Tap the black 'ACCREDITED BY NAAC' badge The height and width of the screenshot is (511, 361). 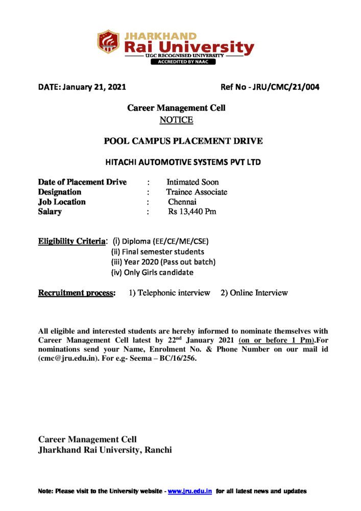click(182, 62)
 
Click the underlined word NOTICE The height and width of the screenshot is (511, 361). click(176, 120)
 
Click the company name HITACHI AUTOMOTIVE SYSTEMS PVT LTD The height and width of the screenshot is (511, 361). click(183, 162)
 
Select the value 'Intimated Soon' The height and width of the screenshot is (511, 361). click(192, 182)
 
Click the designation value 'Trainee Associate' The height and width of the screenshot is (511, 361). click(197, 192)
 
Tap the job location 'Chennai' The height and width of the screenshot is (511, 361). click(182, 202)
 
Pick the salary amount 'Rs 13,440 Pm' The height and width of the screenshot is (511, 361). click(192, 212)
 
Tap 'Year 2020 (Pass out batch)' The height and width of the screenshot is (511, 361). click(169, 262)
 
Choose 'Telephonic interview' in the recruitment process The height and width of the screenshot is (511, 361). click(174, 293)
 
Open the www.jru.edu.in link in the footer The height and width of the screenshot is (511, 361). click(190, 491)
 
